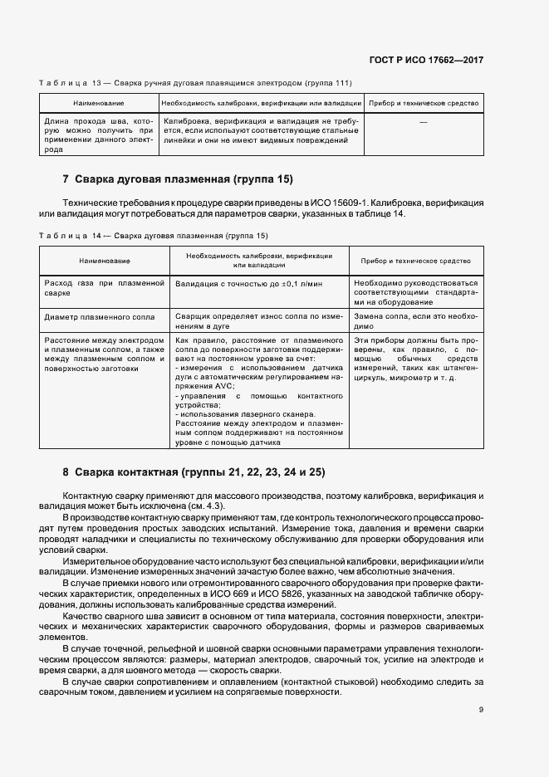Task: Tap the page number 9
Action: (x=481, y=709)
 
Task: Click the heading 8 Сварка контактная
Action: (x=194, y=472)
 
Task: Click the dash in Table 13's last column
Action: (x=424, y=122)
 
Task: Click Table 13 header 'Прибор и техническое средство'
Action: (x=424, y=103)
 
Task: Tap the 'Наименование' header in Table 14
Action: (x=104, y=261)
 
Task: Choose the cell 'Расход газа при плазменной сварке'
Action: (x=104, y=288)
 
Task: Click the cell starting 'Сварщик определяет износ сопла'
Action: (x=258, y=321)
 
